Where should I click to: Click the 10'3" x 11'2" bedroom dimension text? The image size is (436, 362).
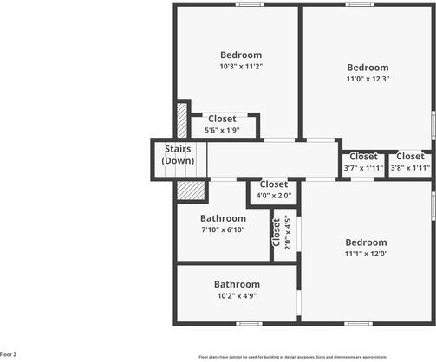pyautogui.click(x=240, y=67)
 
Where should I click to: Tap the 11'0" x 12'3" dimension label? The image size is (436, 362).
pyautogui.click(x=368, y=79)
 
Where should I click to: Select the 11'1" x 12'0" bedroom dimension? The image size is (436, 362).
pyautogui.click(x=366, y=254)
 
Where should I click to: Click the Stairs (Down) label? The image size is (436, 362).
pyautogui.click(x=179, y=155)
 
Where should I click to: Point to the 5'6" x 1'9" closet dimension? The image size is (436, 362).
pyautogui.click(x=222, y=130)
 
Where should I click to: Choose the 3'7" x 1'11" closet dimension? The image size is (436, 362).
pyautogui.click(x=363, y=168)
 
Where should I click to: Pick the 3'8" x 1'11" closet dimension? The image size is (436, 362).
pyautogui.click(x=410, y=168)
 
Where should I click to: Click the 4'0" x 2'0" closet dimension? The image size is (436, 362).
pyautogui.click(x=273, y=196)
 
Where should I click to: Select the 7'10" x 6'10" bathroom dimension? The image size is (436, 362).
pyautogui.click(x=223, y=229)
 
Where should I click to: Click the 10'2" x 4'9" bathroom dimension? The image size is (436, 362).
pyautogui.click(x=237, y=295)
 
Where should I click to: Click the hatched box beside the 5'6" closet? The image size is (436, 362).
pyautogui.click(x=182, y=120)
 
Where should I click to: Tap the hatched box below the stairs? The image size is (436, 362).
pyautogui.click(x=190, y=189)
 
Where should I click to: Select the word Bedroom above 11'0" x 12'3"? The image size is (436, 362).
pyautogui.click(x=368, y=68)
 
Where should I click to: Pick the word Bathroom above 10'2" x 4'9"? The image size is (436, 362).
pyautogui.click(x=237, y=284)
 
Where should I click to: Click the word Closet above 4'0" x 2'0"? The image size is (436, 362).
pyautogui.click(x=273, y=184)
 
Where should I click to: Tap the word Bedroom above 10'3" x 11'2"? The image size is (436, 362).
pyautogui.click(x=240, y=55)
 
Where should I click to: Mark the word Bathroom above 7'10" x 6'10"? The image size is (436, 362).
pyautogui.click(x=223, y=218)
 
